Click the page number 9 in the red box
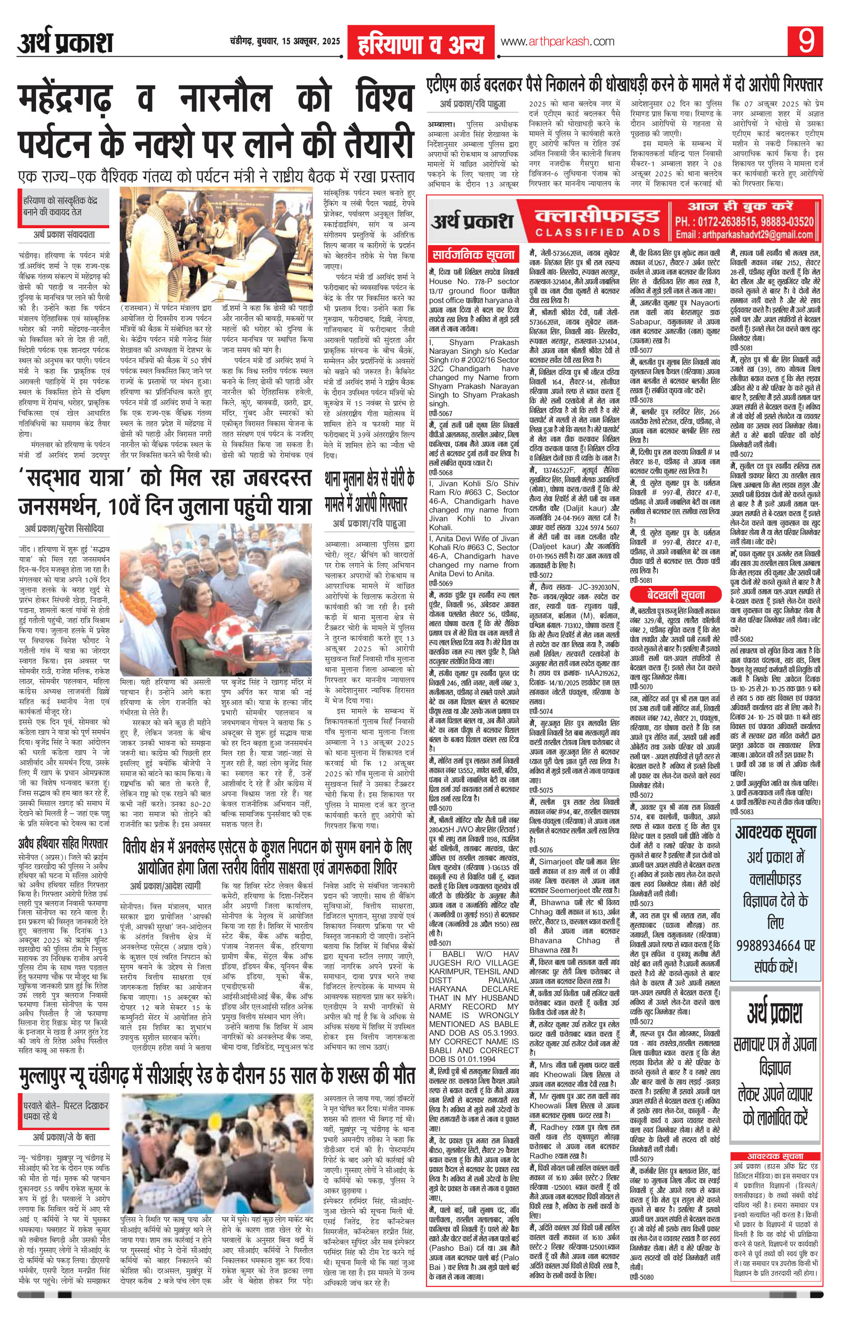(806, 42)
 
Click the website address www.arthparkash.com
(557, 42)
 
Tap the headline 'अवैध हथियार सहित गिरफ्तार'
(62, 844)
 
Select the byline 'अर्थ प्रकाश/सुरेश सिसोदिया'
(64, 529)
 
